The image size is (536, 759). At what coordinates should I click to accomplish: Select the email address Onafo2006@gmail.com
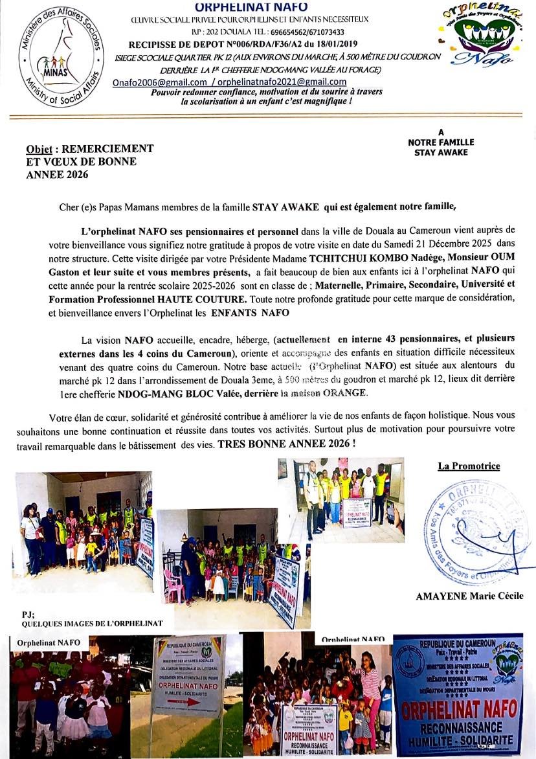pos(159,82)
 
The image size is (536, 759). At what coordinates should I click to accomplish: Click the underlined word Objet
pos(39,149)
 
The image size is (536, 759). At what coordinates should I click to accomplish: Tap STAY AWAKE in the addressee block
pos(441,153)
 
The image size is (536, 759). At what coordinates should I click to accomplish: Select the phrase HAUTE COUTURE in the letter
pos(213,300)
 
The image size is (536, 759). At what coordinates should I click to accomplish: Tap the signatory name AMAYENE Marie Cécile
pos(469,596)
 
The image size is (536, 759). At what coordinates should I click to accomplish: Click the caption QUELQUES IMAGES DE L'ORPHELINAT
pos(92,624)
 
